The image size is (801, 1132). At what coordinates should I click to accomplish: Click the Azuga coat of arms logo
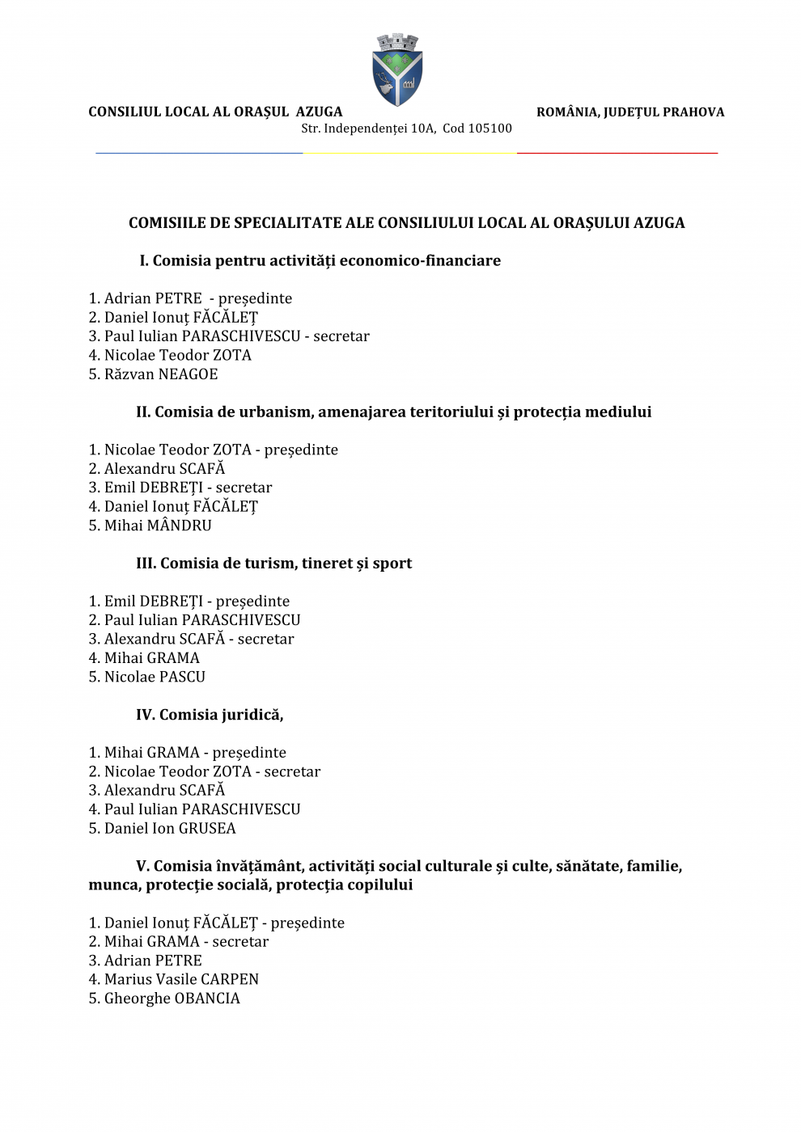pos(397,70)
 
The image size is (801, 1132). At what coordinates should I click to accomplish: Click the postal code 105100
pos(489,129)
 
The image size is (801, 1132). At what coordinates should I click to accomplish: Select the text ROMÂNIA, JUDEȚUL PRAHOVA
pos(630,112)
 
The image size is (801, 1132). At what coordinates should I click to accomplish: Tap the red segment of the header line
pos(617,153)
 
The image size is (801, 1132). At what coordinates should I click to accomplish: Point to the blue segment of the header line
pos(199,153)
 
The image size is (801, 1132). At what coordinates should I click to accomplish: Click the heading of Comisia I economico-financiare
pos(320,260)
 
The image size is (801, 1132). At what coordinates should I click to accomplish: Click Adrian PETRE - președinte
pos(190,298)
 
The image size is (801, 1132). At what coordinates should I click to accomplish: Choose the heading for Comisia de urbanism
pos(393,412)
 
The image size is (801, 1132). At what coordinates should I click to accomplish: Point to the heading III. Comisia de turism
pos(273,564)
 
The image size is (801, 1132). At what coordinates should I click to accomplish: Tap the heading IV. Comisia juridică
pos(210,715)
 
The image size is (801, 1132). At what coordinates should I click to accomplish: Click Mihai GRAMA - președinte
pos(187,753)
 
